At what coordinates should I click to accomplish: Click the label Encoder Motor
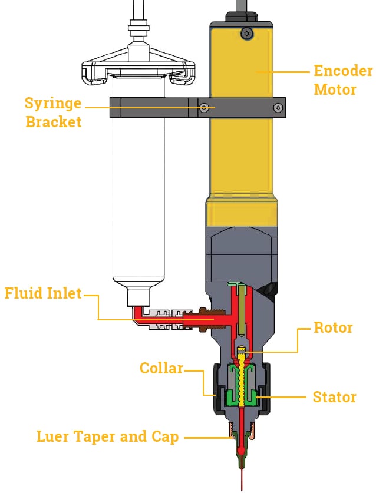tap(342, 81)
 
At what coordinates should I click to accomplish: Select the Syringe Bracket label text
tap(52, 113)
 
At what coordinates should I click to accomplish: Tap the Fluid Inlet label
tap(43, 293)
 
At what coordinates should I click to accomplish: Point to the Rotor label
tap(333, 327)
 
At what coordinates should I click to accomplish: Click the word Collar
tap(161, 368)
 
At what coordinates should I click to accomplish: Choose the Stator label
tap(334, 397)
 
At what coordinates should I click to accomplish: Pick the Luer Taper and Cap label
tap(107, 436)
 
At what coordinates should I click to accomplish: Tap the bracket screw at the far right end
tap(277, 107)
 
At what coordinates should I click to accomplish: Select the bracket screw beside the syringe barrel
tap(204, 108)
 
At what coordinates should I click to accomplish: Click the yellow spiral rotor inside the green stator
tap(242, 383)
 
